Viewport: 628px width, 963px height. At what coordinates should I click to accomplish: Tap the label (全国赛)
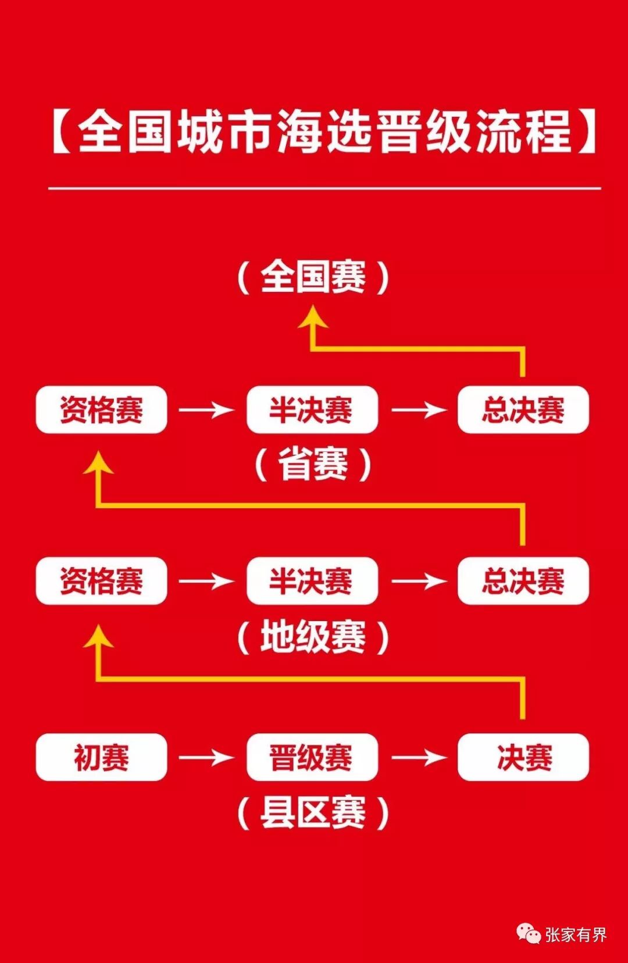click(x=313, y=277)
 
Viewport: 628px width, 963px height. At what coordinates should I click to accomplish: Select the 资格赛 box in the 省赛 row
click(x=101, y=409)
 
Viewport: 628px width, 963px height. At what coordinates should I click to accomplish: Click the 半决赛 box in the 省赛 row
click(x=312, y=409)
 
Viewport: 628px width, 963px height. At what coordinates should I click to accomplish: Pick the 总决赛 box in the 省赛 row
click(x=523, y=409)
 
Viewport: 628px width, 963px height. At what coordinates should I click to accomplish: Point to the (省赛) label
click(x=313, y=464)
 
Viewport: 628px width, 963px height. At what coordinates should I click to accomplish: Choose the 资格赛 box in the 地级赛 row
click(x=101, y=581)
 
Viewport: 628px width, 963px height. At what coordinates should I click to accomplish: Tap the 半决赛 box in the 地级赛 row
click(x=312, y=581)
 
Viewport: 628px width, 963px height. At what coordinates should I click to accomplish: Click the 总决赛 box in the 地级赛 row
click(x=523, y=581)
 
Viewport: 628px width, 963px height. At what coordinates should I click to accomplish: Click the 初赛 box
click(x=101, y=757)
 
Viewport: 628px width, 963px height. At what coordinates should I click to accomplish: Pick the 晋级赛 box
click(x=312, y=757)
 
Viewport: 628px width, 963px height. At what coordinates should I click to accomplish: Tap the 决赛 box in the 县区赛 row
click(x=523, y=757)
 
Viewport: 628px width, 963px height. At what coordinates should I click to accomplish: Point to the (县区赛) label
click(x=313, y=812)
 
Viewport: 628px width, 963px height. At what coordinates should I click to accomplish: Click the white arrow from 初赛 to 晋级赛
click(x=206, y=757)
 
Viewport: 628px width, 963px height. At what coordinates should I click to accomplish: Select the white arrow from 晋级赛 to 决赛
click(x=419, y=757)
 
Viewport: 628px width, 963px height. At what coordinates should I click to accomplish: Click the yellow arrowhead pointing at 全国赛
click(x=313, y=319)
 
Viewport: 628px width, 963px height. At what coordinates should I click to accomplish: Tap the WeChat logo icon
click(x=528, y=934)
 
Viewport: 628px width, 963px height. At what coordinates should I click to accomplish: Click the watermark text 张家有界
click(x=576, y=935)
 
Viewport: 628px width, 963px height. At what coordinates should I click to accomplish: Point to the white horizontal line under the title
click(x=324, y=188)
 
